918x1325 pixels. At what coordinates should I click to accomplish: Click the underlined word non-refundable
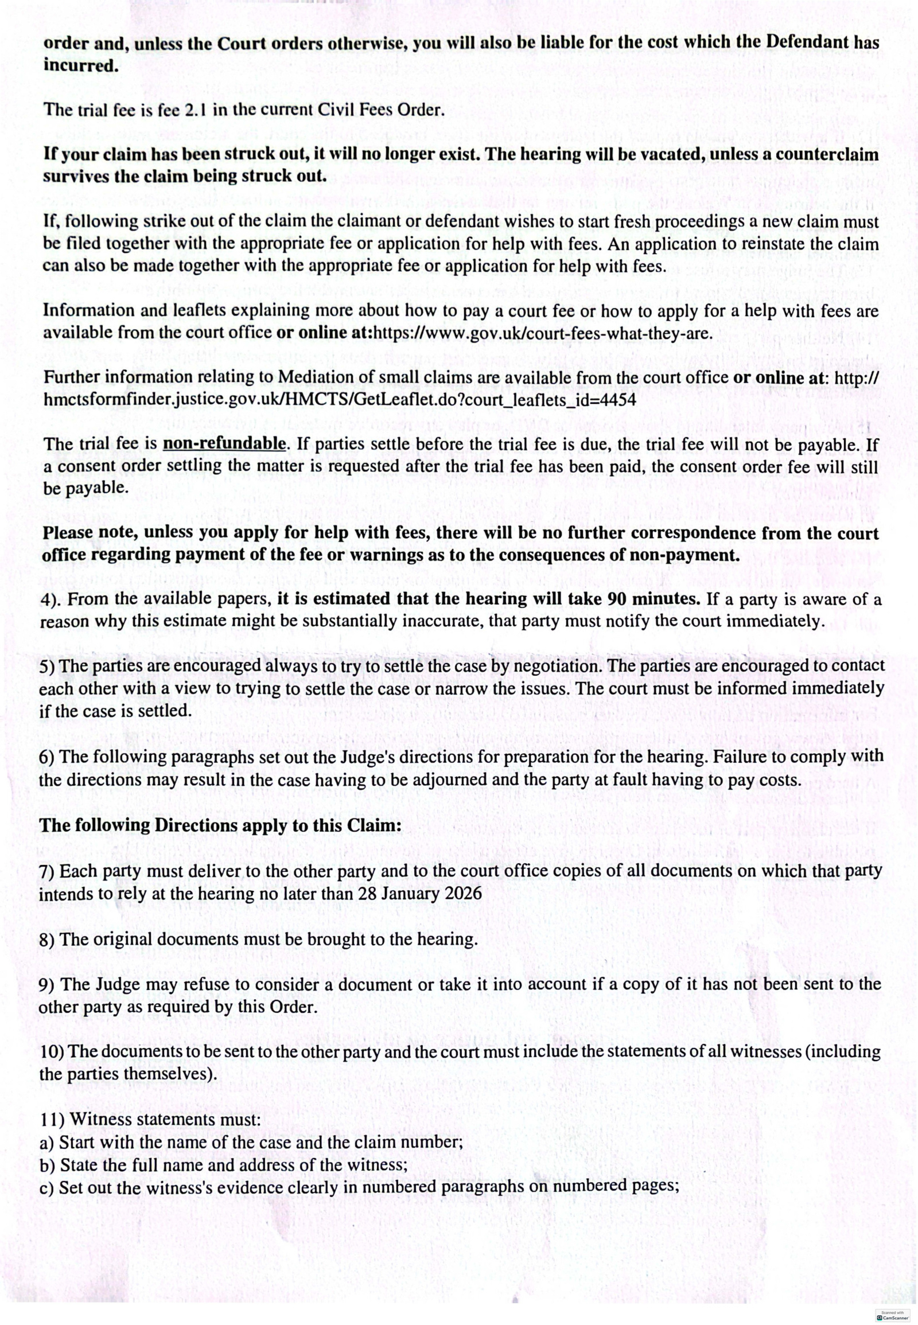tap(224, 444)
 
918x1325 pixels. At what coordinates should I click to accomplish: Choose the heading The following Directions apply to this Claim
tap(220, 825)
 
